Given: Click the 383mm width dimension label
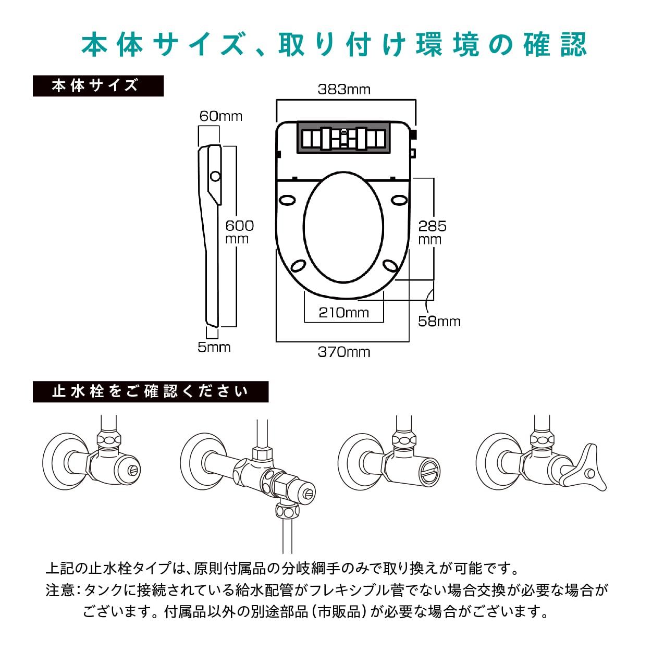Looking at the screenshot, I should pyautogui.click(x=344, y=89).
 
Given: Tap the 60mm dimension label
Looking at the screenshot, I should pyautogui.click(x=221, y=116).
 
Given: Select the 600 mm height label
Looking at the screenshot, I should pyautogui.click(x=239, y=232).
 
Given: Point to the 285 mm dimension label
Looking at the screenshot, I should pyautogui.click(x=432, y=232).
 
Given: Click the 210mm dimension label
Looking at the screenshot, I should pyautogui.click(x=343, y=312).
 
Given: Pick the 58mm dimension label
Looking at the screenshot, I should pyautogui.click(x=439, y=321).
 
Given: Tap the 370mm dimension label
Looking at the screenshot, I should pyautogui.click(x=344, y=352).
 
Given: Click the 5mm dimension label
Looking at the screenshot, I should pyautogui.click(x=214, y=347).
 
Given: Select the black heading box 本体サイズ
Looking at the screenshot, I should pyautogui.click(x=98, y=86).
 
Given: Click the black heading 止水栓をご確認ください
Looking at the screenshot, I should pyautogui.click(x=151, y=391).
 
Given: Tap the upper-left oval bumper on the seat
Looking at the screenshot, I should pyautogui.click(x=287, y=199).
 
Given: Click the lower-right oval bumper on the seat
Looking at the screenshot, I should pyautogui.click(x=391, y=266).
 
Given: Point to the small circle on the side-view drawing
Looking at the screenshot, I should pyautogui.click(x=215, y=176).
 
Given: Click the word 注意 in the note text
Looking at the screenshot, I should pyautogui.click(x=60, y=590).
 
